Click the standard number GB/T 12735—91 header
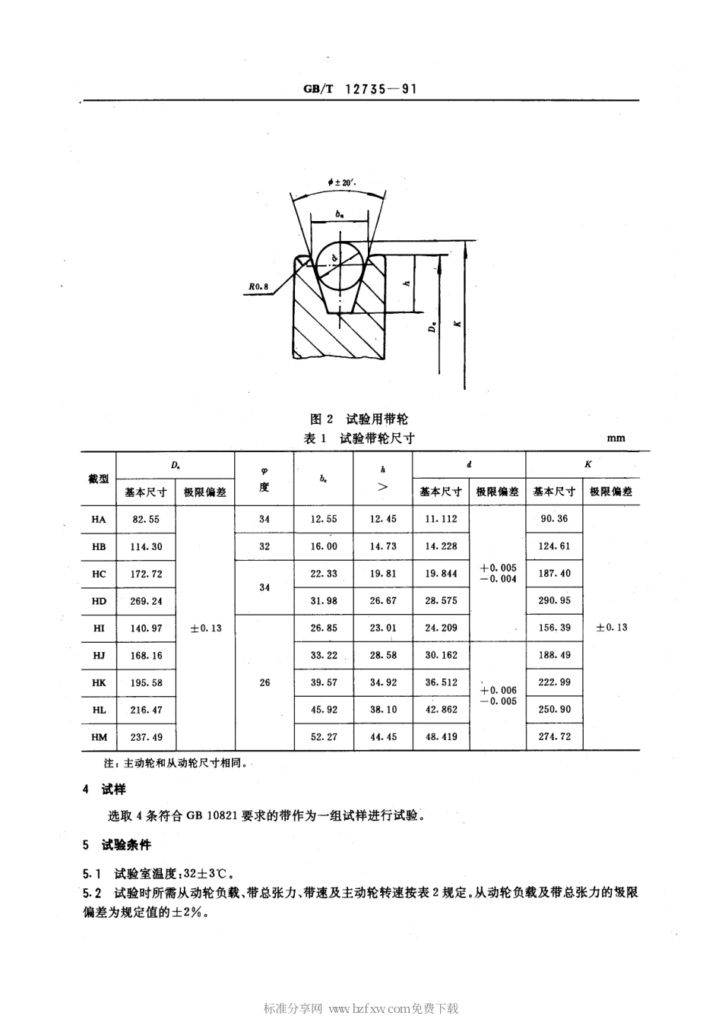click(360, 88)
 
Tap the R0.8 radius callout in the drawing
click(258, 287)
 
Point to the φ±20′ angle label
click(342, 182)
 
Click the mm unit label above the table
click(616, 438)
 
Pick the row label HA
click(99, 520)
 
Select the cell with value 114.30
click(146, 547)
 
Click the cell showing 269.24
click(146, 601)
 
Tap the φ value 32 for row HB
click(264, 546)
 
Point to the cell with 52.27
click(324, 737)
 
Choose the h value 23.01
click(383, 628)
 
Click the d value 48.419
click(441, 737)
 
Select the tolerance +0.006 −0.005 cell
click(498, 696)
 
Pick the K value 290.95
click(554, 601)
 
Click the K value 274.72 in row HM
click(554, 737)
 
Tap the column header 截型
click(99, 479)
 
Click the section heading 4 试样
click(105, 790)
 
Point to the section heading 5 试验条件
click(116, 845)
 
